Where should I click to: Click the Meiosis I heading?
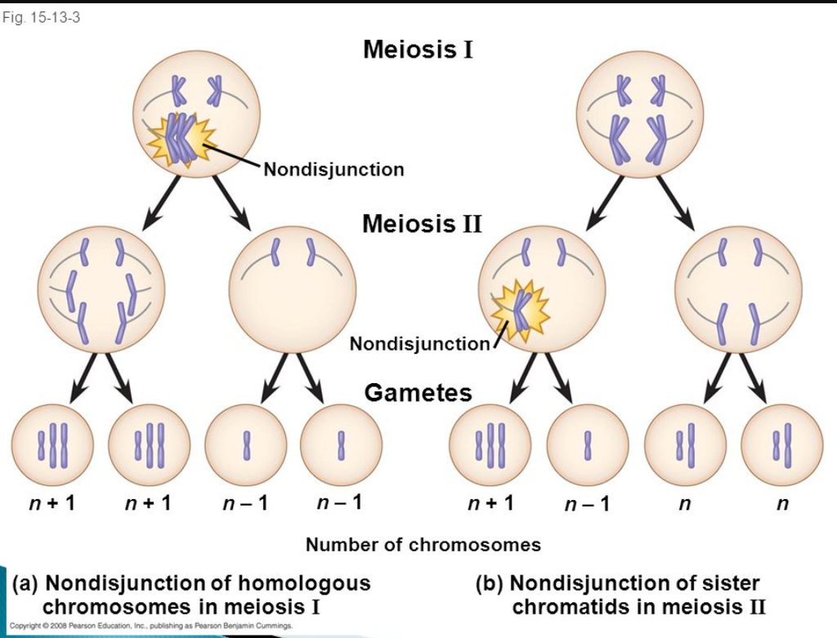(x=418, y=50)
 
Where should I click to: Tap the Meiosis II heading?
(x=422, y=224)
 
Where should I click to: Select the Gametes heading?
(x=418, y=393)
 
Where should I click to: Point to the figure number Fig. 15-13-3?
(x=41, y=18)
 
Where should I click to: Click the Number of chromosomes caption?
(x=423, y=545)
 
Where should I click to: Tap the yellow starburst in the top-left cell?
(x=182, y=139)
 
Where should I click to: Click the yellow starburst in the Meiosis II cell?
(x=520, y=310)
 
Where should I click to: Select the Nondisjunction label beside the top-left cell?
(x=333, y=169)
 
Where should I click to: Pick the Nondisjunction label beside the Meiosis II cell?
(x=419, y=344)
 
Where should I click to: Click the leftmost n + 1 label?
(x=51, y=502)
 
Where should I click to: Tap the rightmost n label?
(x=782, y=503)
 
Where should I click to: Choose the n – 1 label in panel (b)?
(x=587, y=503)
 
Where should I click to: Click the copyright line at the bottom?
(x=151, y=625)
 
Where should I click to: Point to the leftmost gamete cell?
(x=52, y=445)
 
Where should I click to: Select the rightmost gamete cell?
(x=782, y=445)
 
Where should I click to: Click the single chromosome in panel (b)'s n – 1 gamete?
(x=587, y=445)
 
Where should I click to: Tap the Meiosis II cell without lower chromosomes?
(x=292, y=289)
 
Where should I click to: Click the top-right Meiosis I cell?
(x=639, y=114)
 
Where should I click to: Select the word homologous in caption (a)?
(x=304, y=583)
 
